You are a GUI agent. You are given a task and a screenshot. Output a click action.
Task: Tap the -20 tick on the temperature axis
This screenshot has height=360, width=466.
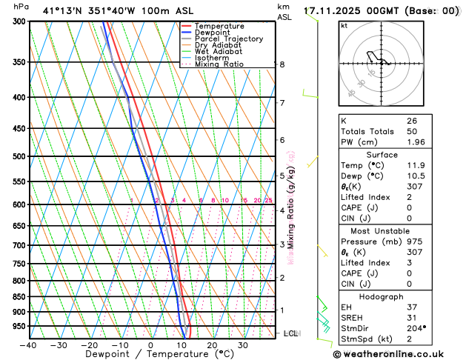coord(89,345)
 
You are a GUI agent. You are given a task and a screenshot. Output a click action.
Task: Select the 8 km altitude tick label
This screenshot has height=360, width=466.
coord(282,64)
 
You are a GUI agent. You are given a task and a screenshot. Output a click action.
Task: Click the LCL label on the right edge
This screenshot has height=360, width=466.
coord(291,333)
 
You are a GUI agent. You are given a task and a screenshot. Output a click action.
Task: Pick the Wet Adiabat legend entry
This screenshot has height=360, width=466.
coord(218,51)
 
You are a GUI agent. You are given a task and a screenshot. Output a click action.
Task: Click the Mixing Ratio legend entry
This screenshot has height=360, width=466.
coord(219,64)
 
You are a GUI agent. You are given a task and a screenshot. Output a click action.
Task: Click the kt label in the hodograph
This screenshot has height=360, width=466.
coord(344,26)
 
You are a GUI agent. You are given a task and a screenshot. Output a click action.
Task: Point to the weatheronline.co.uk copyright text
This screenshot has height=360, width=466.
coord(398,353)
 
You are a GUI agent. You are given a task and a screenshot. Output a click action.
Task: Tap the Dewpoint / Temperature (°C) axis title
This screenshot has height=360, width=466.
coord(150,355)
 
